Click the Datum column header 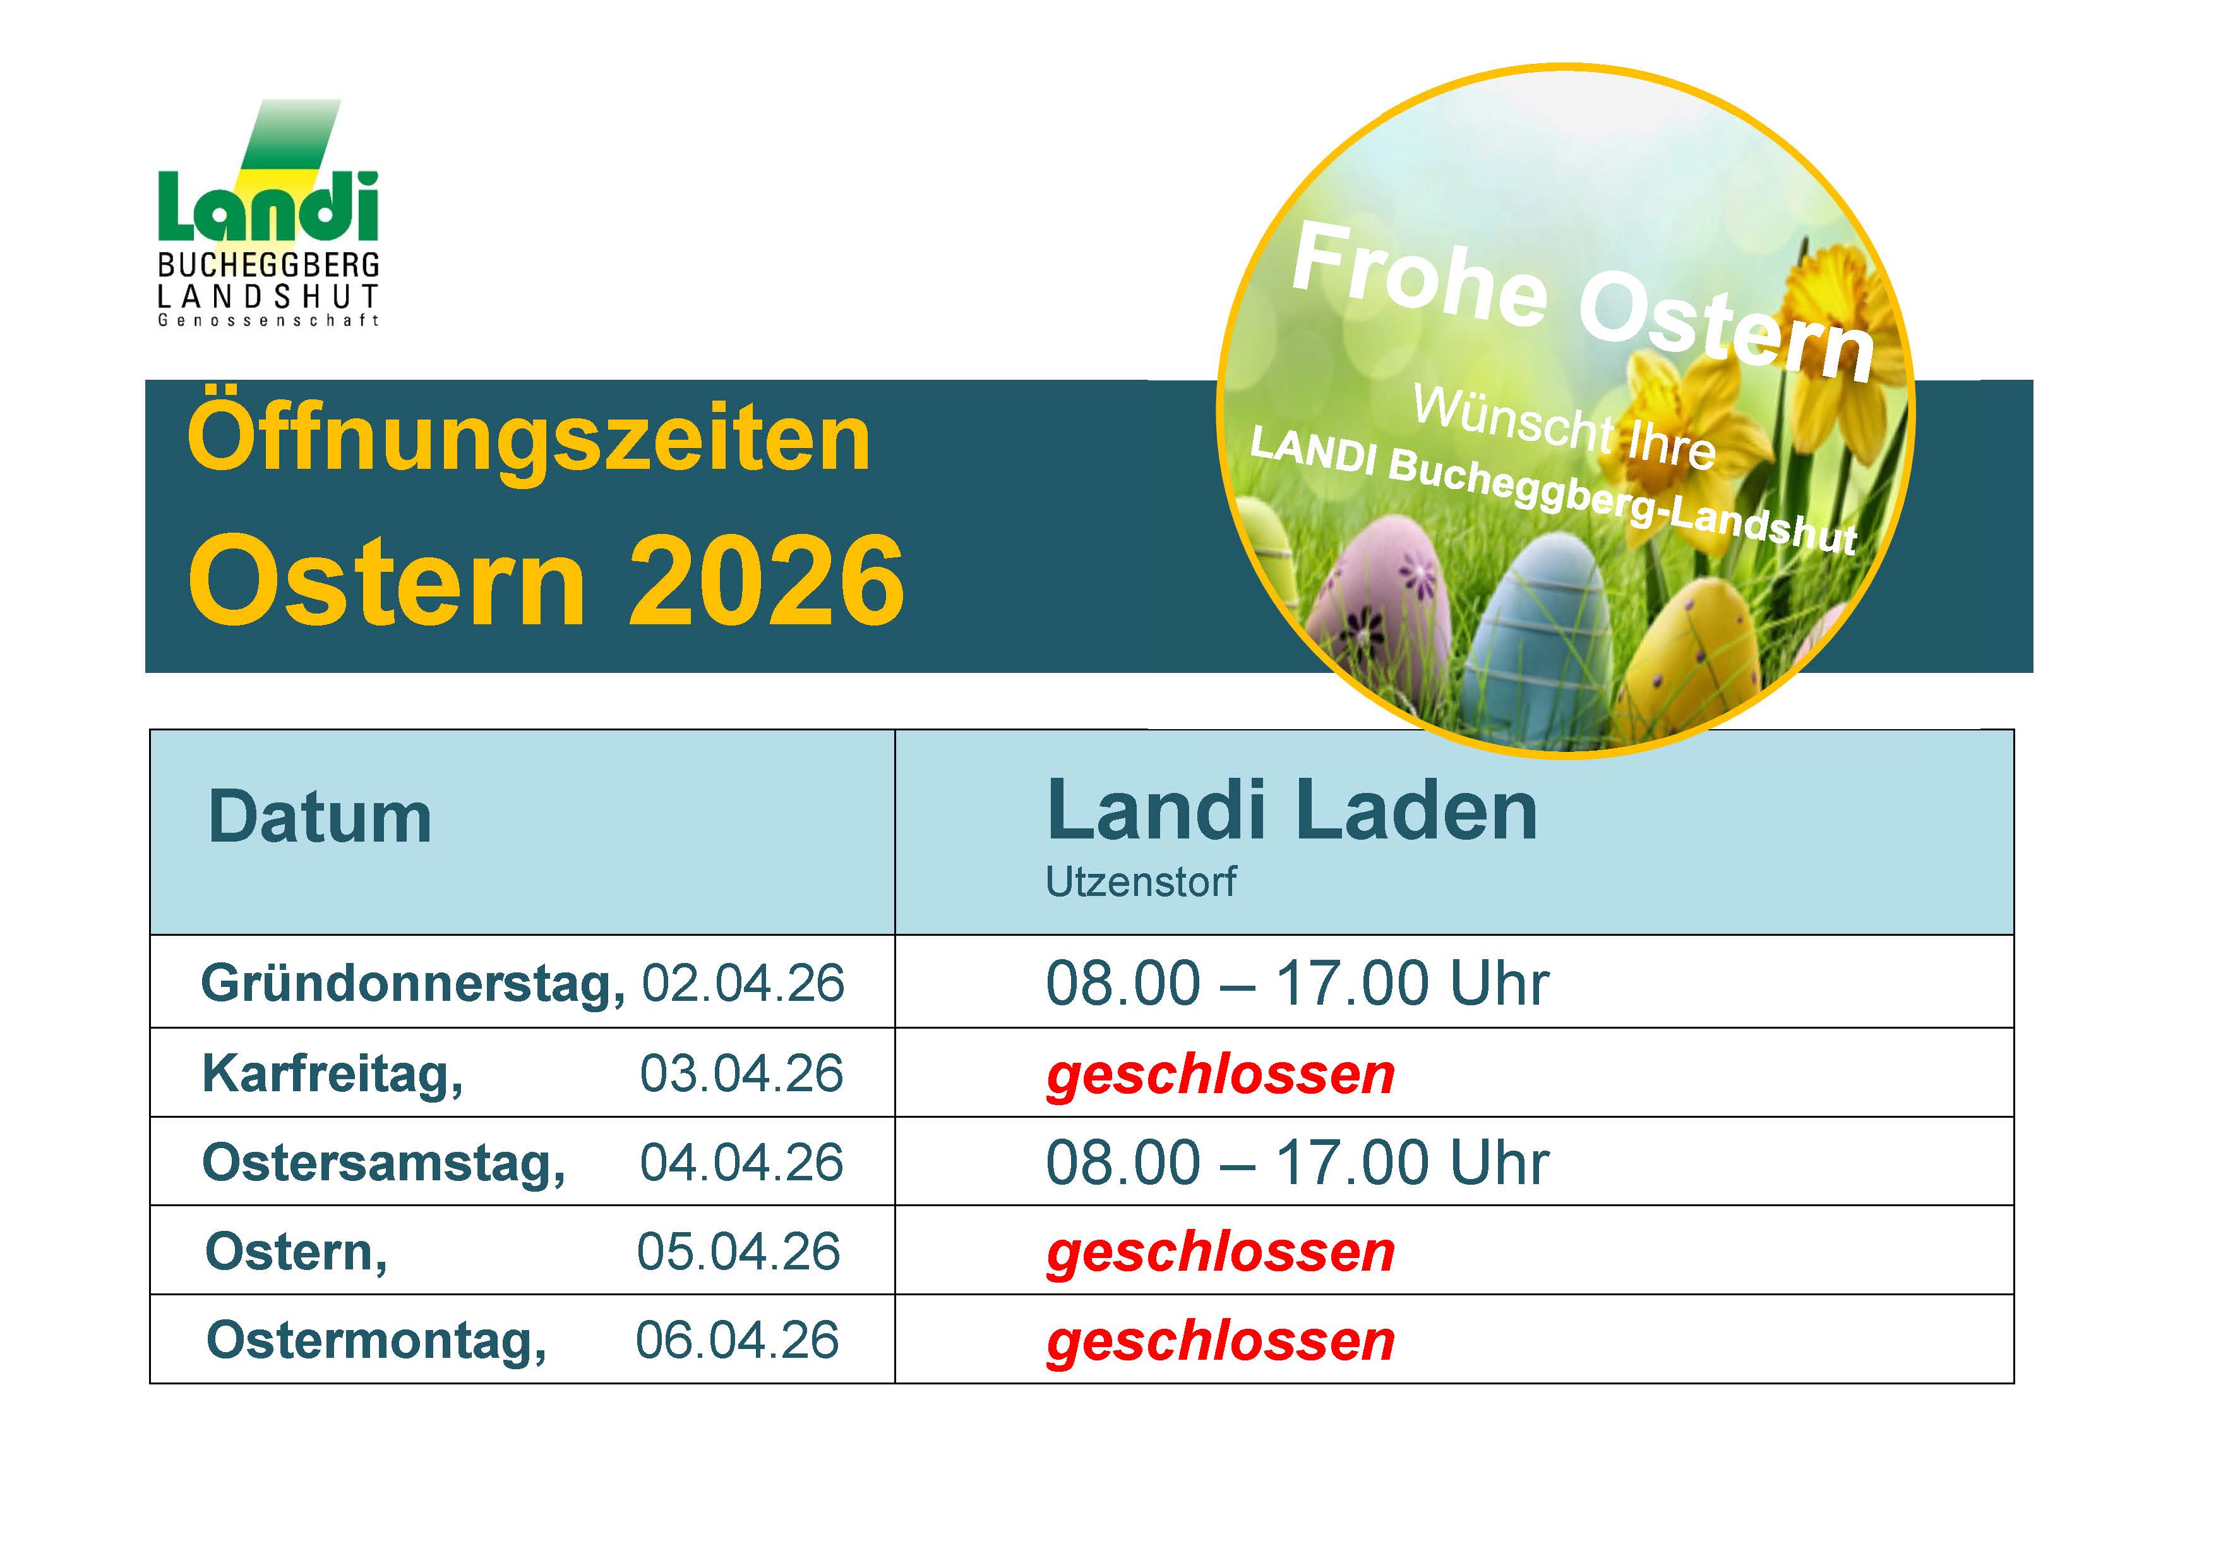coord(320,818)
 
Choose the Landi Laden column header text coord(1291,811)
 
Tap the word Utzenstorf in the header coord(1140,881)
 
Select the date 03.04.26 coord(741,1074)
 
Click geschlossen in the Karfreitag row coord(1221,1075)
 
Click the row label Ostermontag coord(376,1341)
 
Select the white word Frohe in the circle coord(1419,275)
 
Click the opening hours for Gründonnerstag coord(1297,984)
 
